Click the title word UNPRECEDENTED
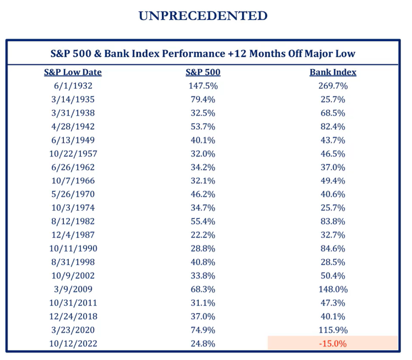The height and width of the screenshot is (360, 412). (x=203, y=16)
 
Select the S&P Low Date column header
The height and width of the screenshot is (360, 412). (x=73, y=72)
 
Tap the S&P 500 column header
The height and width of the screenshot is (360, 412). (x=203, y=72)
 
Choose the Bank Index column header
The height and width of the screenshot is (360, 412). (x=333, y=72)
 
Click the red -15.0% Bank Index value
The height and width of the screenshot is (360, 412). (x=333, y=344)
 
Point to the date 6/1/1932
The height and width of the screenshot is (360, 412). (x=73, y=86)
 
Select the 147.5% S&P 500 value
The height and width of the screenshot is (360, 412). (x=203, y=86)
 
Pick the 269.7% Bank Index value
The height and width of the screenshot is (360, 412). (x=333, y=86)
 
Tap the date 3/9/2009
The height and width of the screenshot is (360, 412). (x=73, y=289)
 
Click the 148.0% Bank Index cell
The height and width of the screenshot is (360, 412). (x=333, y=289)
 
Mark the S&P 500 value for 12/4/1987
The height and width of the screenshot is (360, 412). (x=203, y=235)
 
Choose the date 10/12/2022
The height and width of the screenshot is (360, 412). (x=73, y=344)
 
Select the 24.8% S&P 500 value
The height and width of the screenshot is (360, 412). (x=203, y=344)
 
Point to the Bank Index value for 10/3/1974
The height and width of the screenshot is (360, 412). (x=333, y=208)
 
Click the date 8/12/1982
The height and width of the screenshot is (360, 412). (x=73, y=221)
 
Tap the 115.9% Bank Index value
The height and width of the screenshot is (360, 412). (x=333, y=330)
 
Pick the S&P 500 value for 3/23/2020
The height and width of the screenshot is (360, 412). (x=203, y=330)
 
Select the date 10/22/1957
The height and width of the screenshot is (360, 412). (x=73, y=154)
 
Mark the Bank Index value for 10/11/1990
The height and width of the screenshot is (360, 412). (x=333, y=249)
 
